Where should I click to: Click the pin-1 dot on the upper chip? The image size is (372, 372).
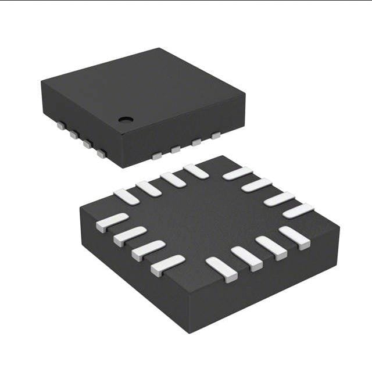(126, 119)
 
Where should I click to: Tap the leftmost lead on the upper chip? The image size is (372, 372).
(60, 125)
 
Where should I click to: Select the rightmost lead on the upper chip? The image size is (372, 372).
(216, 136)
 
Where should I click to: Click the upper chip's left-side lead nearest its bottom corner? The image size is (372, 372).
(101, 154)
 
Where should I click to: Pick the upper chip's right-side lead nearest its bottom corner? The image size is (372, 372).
(156, 155)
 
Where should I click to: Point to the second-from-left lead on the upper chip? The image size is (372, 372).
(74, 135)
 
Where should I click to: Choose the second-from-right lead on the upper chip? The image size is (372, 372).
(196, 142)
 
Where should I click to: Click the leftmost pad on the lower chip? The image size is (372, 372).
(112, 222)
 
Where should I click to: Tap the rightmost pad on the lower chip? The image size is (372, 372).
(298, 210)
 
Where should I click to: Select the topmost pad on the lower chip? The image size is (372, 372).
(196, 171)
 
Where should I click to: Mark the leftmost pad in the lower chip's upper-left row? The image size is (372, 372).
(126, 196)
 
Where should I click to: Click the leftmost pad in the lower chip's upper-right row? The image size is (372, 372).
(237, 173)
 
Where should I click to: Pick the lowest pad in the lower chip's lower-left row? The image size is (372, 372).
(167, 266)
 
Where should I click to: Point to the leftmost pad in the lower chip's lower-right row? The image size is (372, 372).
(221, 270)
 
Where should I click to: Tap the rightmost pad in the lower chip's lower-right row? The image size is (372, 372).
(294, 238)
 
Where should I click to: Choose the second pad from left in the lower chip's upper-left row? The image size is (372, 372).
(149, 188)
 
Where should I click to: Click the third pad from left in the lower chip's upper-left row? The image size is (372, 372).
(173, 180)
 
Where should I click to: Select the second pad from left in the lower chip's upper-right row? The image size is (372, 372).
(256, 185)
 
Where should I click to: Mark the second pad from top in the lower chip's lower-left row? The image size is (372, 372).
(130, 236)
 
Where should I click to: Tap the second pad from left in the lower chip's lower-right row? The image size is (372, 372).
(246, 259)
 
